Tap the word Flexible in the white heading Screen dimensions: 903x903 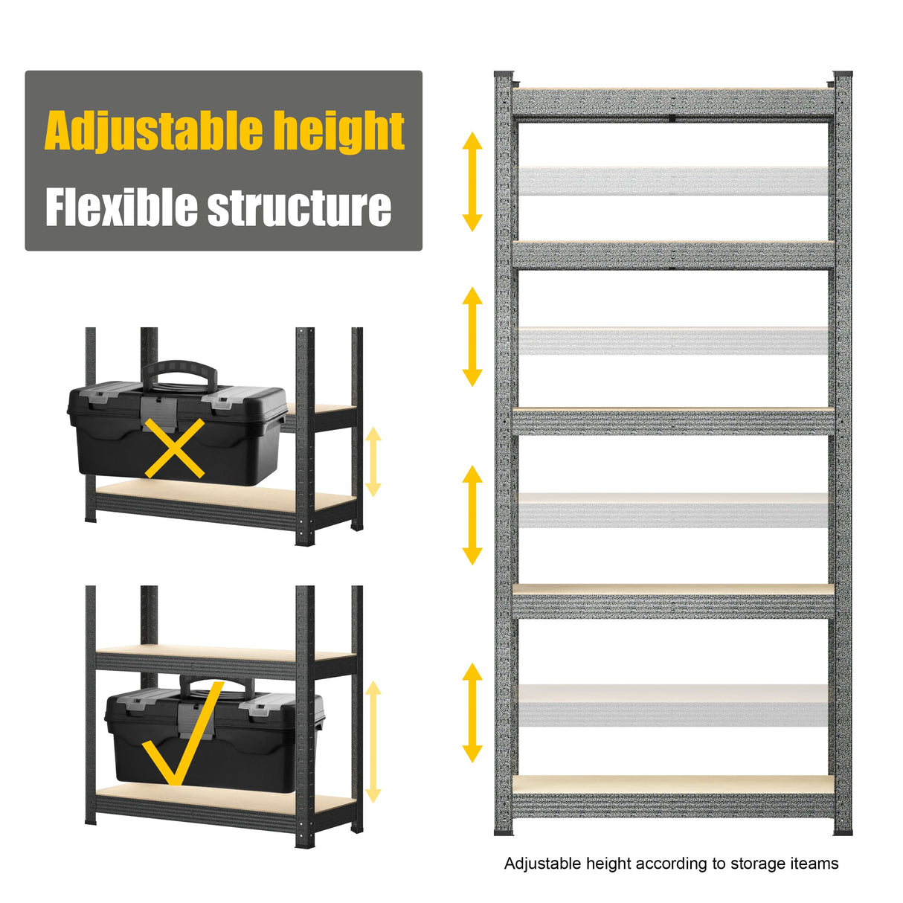coord(121,208)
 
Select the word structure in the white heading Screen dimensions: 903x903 coord(299,208)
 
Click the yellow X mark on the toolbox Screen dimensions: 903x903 coord(175,448)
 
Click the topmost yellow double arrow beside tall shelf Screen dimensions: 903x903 coord(472,181)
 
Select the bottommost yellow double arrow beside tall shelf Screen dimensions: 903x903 coord(472,713)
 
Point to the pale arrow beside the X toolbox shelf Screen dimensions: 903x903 coord(373,461)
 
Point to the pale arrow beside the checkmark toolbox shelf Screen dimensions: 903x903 coord(373,742)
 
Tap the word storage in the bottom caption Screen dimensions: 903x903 coord(758,864)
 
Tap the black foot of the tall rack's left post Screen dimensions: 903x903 coord(504,831)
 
